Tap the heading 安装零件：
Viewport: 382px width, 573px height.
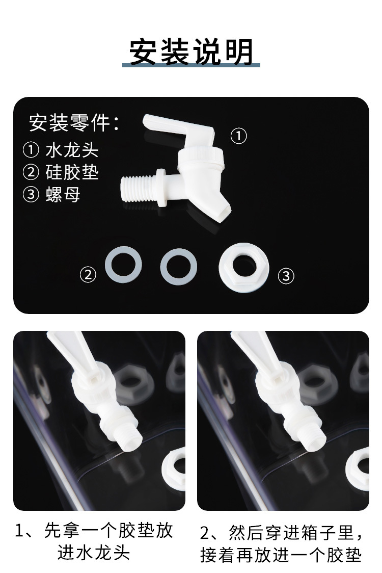[x=74, y=123]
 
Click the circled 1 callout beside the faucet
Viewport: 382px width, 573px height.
[x=239, y=136]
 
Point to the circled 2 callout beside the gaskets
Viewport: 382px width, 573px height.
[x=88, y=275]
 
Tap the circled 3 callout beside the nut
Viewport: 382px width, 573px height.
[x=286, y=276]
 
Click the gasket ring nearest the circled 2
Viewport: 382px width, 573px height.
[x=123, y=266]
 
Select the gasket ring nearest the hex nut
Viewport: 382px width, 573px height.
[x=178, y=266]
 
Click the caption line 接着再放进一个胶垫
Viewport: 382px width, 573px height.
[x=281, y=555]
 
